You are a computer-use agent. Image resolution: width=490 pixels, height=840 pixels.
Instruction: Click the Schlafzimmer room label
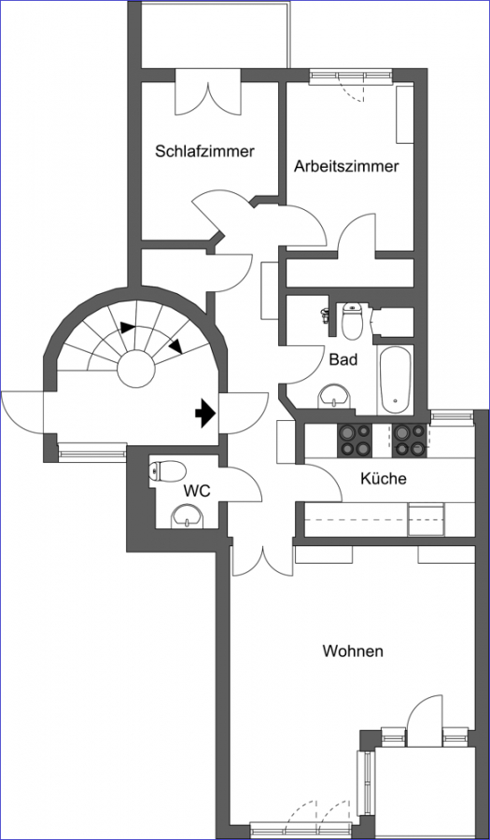coord(204,151)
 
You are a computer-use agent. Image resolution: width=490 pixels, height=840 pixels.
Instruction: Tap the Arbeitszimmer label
coord(346,166)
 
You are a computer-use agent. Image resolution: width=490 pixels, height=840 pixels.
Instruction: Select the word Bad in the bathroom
coord(343,359)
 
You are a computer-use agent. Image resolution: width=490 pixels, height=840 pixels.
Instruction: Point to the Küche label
coord(383,478)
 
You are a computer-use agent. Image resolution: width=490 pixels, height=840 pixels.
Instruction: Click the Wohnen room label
coord(353,651)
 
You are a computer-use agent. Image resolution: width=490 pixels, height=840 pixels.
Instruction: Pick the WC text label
coord(197,490)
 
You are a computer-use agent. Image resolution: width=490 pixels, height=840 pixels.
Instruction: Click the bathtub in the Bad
coord(395,379)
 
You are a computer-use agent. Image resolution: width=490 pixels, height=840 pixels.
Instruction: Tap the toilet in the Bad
coord(352,320)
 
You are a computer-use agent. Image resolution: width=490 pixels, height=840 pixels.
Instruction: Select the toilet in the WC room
coord(168,471)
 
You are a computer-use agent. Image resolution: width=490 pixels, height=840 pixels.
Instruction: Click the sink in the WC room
coord(187,517)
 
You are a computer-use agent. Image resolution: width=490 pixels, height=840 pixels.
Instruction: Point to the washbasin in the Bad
coord(333,396)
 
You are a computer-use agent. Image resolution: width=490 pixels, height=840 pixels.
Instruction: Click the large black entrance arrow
coord(204,413)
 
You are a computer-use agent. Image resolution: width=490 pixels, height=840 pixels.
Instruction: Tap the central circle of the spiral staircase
coord(136,369)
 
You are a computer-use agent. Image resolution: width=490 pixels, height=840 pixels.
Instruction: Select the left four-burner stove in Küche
coord(354,441)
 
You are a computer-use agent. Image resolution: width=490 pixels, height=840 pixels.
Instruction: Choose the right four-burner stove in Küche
coord(411,441)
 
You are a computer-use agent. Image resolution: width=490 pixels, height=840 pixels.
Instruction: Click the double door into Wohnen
coord(262,561)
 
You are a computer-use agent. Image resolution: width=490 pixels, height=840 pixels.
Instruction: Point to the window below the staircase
coord(92,453)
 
